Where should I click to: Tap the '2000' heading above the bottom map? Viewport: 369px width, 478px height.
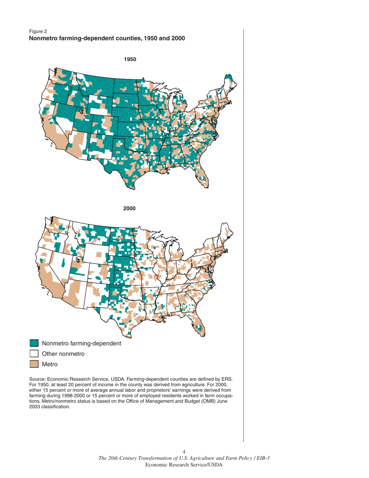129,209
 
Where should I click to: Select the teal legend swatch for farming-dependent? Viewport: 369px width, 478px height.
34,343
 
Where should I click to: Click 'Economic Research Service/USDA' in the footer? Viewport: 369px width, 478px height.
184,465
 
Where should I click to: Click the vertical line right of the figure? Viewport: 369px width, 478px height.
244,233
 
